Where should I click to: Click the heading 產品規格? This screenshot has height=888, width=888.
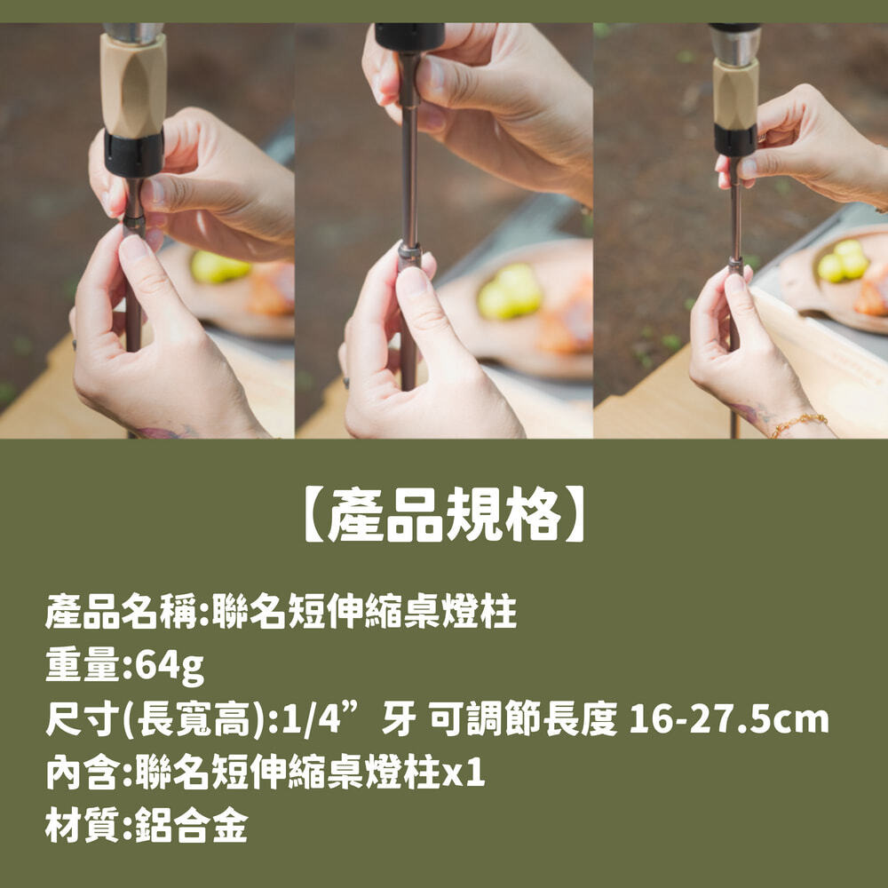445,514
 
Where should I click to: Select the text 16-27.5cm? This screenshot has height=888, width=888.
729,719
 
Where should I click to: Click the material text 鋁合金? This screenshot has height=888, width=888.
192,825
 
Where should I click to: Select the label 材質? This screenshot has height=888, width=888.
83,825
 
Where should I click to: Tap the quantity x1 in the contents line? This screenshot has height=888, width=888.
464,773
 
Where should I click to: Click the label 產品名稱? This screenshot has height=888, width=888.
121,612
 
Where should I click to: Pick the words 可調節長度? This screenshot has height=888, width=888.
523,719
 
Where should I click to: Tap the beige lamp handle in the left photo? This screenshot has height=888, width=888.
134,85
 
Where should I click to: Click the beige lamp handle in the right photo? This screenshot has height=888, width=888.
735,93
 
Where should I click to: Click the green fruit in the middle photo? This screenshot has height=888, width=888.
510,291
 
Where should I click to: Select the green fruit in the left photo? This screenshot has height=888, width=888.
218,266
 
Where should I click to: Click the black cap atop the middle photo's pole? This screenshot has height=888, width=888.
409,36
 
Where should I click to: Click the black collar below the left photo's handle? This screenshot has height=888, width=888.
134,153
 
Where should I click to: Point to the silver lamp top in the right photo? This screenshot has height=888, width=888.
735,45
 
